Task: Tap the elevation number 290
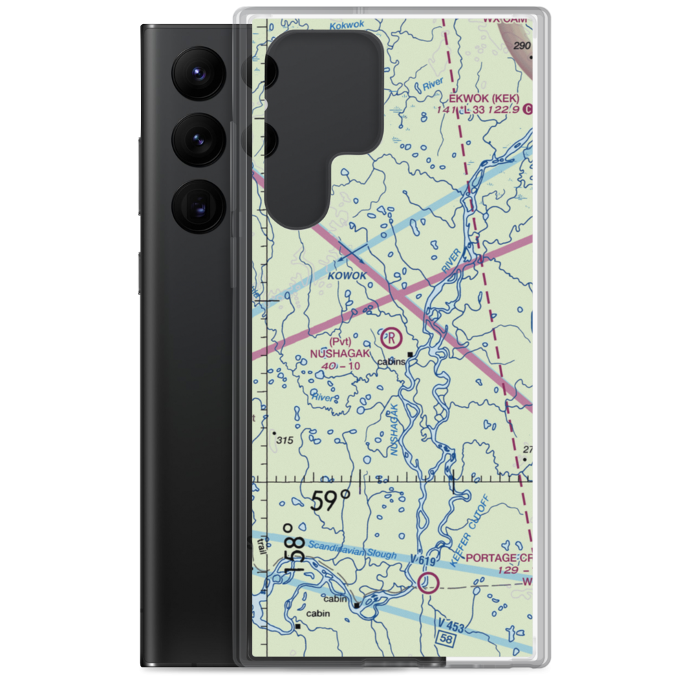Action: [523, 45]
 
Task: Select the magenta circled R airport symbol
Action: [391, 338]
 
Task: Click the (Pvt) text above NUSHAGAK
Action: [340, 341]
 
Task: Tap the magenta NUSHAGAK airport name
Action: [340, 353]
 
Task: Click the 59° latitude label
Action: [330, 500]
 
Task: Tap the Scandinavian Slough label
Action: [352, 550]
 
